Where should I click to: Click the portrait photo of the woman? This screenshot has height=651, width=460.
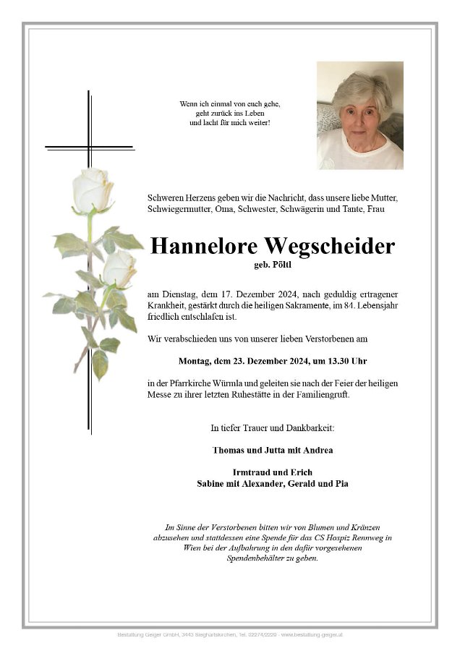pos(359,115)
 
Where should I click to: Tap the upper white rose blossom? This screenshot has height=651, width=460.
pos(93,190)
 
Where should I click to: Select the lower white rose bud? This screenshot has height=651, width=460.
pos(119,268)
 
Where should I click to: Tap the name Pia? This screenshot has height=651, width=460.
pos(341,482)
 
